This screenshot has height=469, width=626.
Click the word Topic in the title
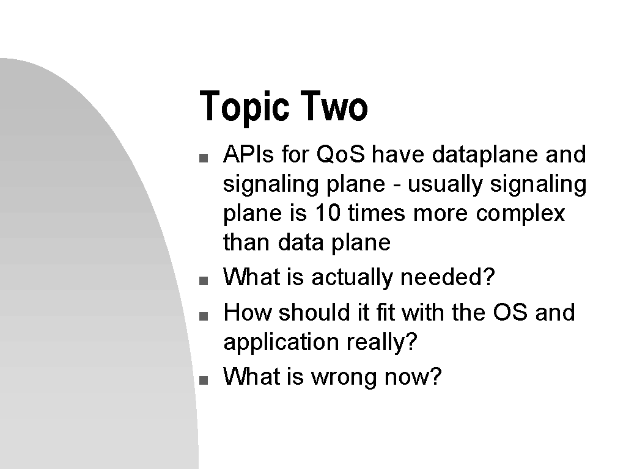click(x=245, y=106)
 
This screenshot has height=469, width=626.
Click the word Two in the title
click(x=334, y=106)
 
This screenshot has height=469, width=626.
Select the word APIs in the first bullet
click(x=248, y=154)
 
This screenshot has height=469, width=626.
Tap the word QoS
click(x=341, y=154)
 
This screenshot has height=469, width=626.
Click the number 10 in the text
click(x=328, y=213)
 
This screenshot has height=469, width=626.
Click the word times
click(x=377, y=213)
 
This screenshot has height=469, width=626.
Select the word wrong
click(x=344, y=377)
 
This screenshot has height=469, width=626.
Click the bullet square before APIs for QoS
click(x=204, y=158)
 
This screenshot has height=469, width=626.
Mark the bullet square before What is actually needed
click(x=204, y=281)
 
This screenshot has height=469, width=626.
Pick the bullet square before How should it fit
click(x=204, y=316)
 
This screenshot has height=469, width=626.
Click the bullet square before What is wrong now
click(x=204, y=380)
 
